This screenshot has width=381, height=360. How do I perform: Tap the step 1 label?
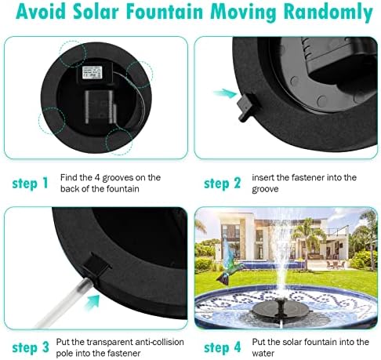pyautogui.click(x=31, y=184)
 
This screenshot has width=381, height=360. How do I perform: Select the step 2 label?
pyautogui.click(x=222, y=184)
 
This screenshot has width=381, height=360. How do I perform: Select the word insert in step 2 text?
pyautogui.click(x=264, y=177)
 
